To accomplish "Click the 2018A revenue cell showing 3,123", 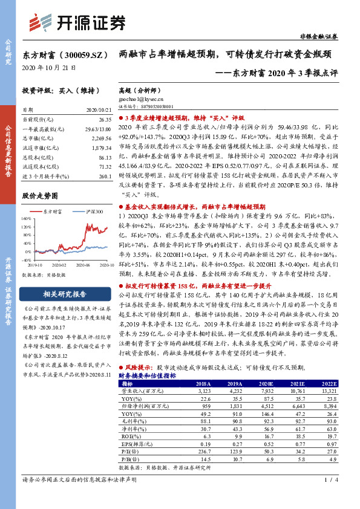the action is tap(206, 391).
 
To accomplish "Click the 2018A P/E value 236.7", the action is tap(205, 451).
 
